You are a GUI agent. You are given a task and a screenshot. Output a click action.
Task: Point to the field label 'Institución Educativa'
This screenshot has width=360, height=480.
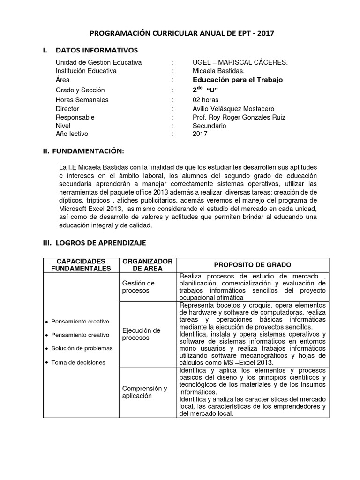86,71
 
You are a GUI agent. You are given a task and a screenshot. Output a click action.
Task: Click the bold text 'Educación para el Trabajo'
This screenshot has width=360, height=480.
238,80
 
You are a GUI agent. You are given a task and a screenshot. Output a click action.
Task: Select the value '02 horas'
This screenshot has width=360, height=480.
205,100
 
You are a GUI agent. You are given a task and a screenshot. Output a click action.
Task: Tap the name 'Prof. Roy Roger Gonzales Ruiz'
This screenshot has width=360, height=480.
239,118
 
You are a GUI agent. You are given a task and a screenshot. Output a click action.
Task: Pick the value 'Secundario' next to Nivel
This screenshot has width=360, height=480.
209,126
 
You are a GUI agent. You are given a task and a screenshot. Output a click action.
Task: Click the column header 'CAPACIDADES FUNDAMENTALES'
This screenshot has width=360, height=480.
82,265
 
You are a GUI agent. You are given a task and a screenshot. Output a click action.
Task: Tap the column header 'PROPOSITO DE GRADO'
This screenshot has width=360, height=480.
253,265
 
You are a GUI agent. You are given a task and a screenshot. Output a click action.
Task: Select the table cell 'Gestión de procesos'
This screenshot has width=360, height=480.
138,287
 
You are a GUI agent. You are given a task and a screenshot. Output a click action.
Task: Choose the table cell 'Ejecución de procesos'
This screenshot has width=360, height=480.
141,334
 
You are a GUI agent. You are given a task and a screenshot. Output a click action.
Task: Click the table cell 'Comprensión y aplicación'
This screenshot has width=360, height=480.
144,392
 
